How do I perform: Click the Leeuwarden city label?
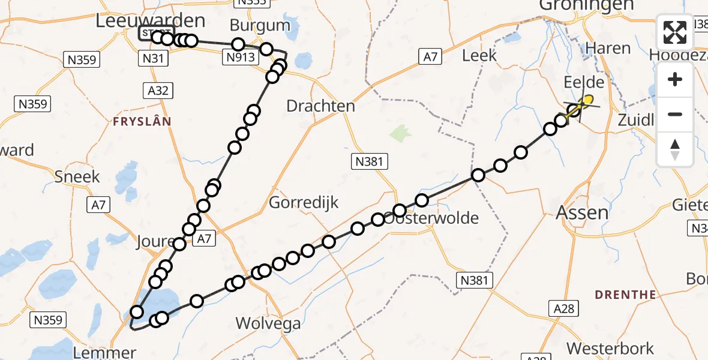151,20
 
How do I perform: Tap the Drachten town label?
320,106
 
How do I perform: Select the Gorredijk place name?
304,202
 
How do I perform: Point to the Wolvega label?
268,323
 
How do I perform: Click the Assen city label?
582,212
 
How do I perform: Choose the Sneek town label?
77,177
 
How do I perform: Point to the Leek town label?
480,55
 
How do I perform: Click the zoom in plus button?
675,79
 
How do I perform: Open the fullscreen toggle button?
675,33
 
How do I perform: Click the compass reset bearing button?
675,149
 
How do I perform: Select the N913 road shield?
241,57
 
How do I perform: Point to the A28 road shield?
564,308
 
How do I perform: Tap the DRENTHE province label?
625,295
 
